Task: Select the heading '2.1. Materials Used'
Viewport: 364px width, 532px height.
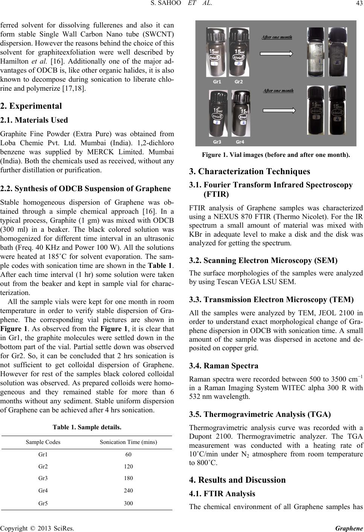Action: click(34, 120)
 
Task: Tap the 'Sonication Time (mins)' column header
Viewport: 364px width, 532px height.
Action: click(128, 442)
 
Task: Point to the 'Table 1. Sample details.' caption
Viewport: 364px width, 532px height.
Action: click(87, 427)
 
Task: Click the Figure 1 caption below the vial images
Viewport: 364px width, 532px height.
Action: click(276, 155)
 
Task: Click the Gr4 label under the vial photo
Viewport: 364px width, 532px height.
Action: click(240, 141)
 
